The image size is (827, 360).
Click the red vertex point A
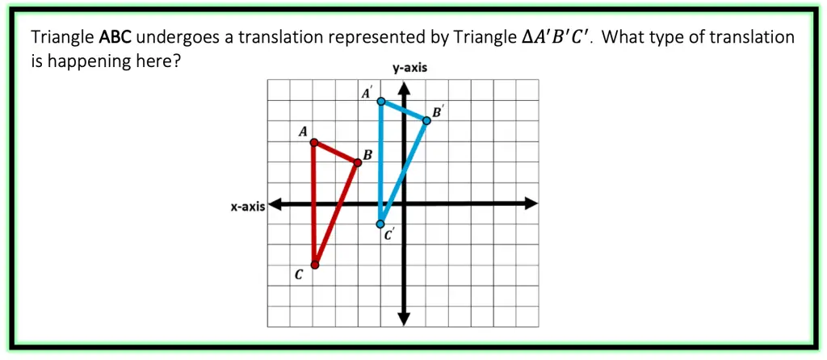[314, 143]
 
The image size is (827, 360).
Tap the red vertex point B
[358, 163]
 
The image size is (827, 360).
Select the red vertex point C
[315, 265]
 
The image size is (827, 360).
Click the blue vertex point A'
[381, 102]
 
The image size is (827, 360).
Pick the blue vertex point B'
[426, 120]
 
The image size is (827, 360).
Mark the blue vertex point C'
[380, 224]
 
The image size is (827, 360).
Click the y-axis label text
[409, 69]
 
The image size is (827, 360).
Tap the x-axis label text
[248, 207]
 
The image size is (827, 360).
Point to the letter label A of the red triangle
[303, 132]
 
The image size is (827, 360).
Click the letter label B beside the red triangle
[367, 154]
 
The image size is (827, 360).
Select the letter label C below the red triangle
[299, 275]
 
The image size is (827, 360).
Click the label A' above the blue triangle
[367, 94]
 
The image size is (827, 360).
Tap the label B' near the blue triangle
[437, 112]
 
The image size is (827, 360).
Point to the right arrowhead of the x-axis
[531, 203]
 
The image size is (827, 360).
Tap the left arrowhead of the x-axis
[274, 203]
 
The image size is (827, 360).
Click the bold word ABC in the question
[115, 37]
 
